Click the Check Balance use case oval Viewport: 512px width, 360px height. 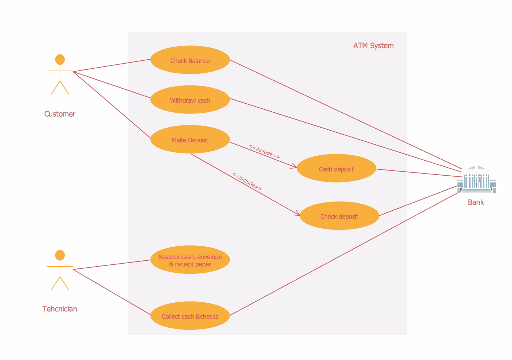tap(190, 60)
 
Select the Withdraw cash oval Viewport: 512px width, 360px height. tap(190, 99)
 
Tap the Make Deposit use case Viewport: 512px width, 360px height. tap(190, 139)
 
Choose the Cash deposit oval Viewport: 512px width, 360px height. tap(336, 168)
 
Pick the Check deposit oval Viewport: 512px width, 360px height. tap(339, 216)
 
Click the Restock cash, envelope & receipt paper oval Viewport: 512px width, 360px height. tap(190, 260)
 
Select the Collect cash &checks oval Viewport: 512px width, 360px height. tap(190, 316)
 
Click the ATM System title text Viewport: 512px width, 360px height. tap(373, 46)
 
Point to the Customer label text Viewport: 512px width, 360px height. tap(60, 114)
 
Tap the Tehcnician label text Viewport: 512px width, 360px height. tap(60, 309)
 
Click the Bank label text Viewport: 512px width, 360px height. tap(476, 202)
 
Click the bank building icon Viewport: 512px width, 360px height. tap(477, 179)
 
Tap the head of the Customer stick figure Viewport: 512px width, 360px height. tap(60, 59)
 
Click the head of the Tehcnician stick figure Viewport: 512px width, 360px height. tap(60, 255)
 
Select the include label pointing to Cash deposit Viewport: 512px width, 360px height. tap(264, 152)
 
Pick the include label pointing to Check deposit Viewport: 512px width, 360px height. tap(247, 181)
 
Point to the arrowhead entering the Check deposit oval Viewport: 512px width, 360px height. tap(297, 213)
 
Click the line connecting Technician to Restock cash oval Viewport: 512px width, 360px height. tap(112, 265)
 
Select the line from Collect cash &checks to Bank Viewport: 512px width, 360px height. tap(343, 255)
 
